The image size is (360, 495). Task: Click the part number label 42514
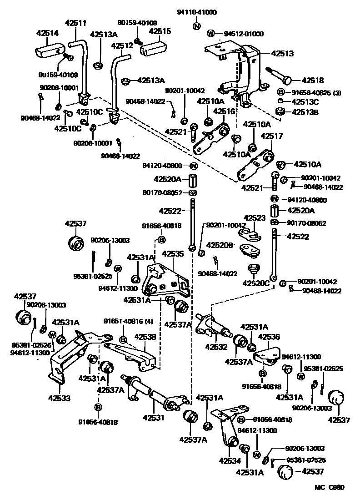(47, 33)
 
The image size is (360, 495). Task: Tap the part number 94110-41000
(197, 12)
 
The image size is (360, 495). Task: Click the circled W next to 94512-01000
(210, 33)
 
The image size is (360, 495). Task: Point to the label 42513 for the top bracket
(282, 53)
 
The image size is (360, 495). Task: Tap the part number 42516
(224, 111)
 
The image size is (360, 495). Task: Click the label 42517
(272, 136)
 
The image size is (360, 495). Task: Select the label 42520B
(220, 245)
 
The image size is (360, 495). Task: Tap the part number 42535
(173, 253)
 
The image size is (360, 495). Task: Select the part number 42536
(270, 337)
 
